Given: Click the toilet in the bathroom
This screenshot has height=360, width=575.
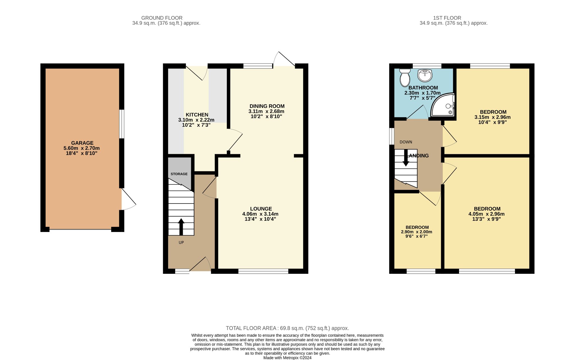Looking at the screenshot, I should coord(405,78).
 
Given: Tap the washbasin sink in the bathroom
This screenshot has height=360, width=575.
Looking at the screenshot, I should coord(425,75).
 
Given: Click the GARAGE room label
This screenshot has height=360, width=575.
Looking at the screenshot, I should coord(82,143).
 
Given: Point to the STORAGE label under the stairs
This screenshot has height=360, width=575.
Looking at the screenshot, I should coord(179,174).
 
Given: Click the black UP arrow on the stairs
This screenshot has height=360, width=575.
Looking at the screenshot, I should coord(181,226).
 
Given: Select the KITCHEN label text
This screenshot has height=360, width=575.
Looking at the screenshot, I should coord(197,115).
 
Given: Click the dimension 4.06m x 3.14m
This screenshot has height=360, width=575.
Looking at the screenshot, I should coord(260,214).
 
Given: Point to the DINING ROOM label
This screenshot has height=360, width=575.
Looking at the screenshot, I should coord(267,106).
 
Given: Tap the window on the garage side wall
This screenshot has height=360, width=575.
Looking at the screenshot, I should coord(122,124).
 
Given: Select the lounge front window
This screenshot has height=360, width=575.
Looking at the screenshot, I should coord(263,271).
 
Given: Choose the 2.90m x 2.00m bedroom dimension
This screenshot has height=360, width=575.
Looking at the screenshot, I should coord(416,232).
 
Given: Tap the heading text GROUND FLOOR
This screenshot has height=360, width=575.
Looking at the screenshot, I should coord(162,18).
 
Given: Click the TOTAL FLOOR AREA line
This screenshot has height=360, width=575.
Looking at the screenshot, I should coord(287,328).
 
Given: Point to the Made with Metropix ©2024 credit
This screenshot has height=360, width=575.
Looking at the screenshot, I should coord(287,358).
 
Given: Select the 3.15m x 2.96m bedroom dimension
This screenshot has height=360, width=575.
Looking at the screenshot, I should coord(492,117).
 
